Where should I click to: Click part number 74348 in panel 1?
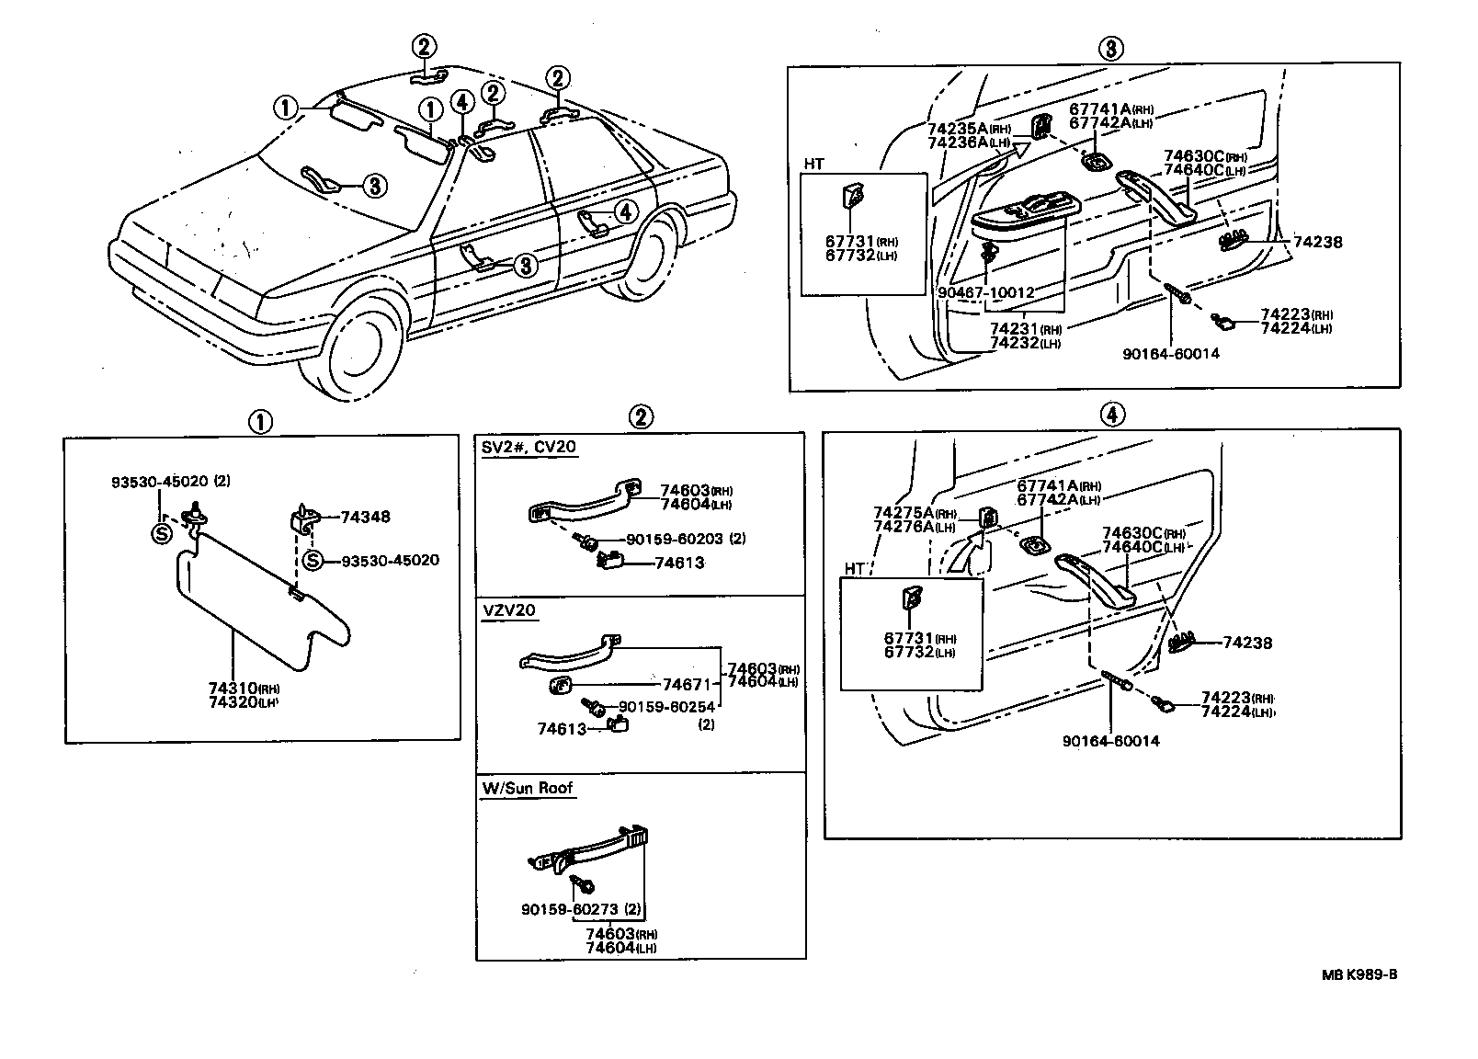click(365, 517)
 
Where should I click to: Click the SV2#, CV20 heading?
click(529, 448)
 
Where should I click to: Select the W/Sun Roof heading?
click(528, 788)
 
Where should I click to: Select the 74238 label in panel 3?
click(1317, 243)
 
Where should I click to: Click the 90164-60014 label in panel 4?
click(1110, 741)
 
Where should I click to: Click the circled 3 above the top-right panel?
click(1110, 48)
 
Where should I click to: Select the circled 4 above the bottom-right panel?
click(1111, 415)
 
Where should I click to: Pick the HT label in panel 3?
click(813, 165)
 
